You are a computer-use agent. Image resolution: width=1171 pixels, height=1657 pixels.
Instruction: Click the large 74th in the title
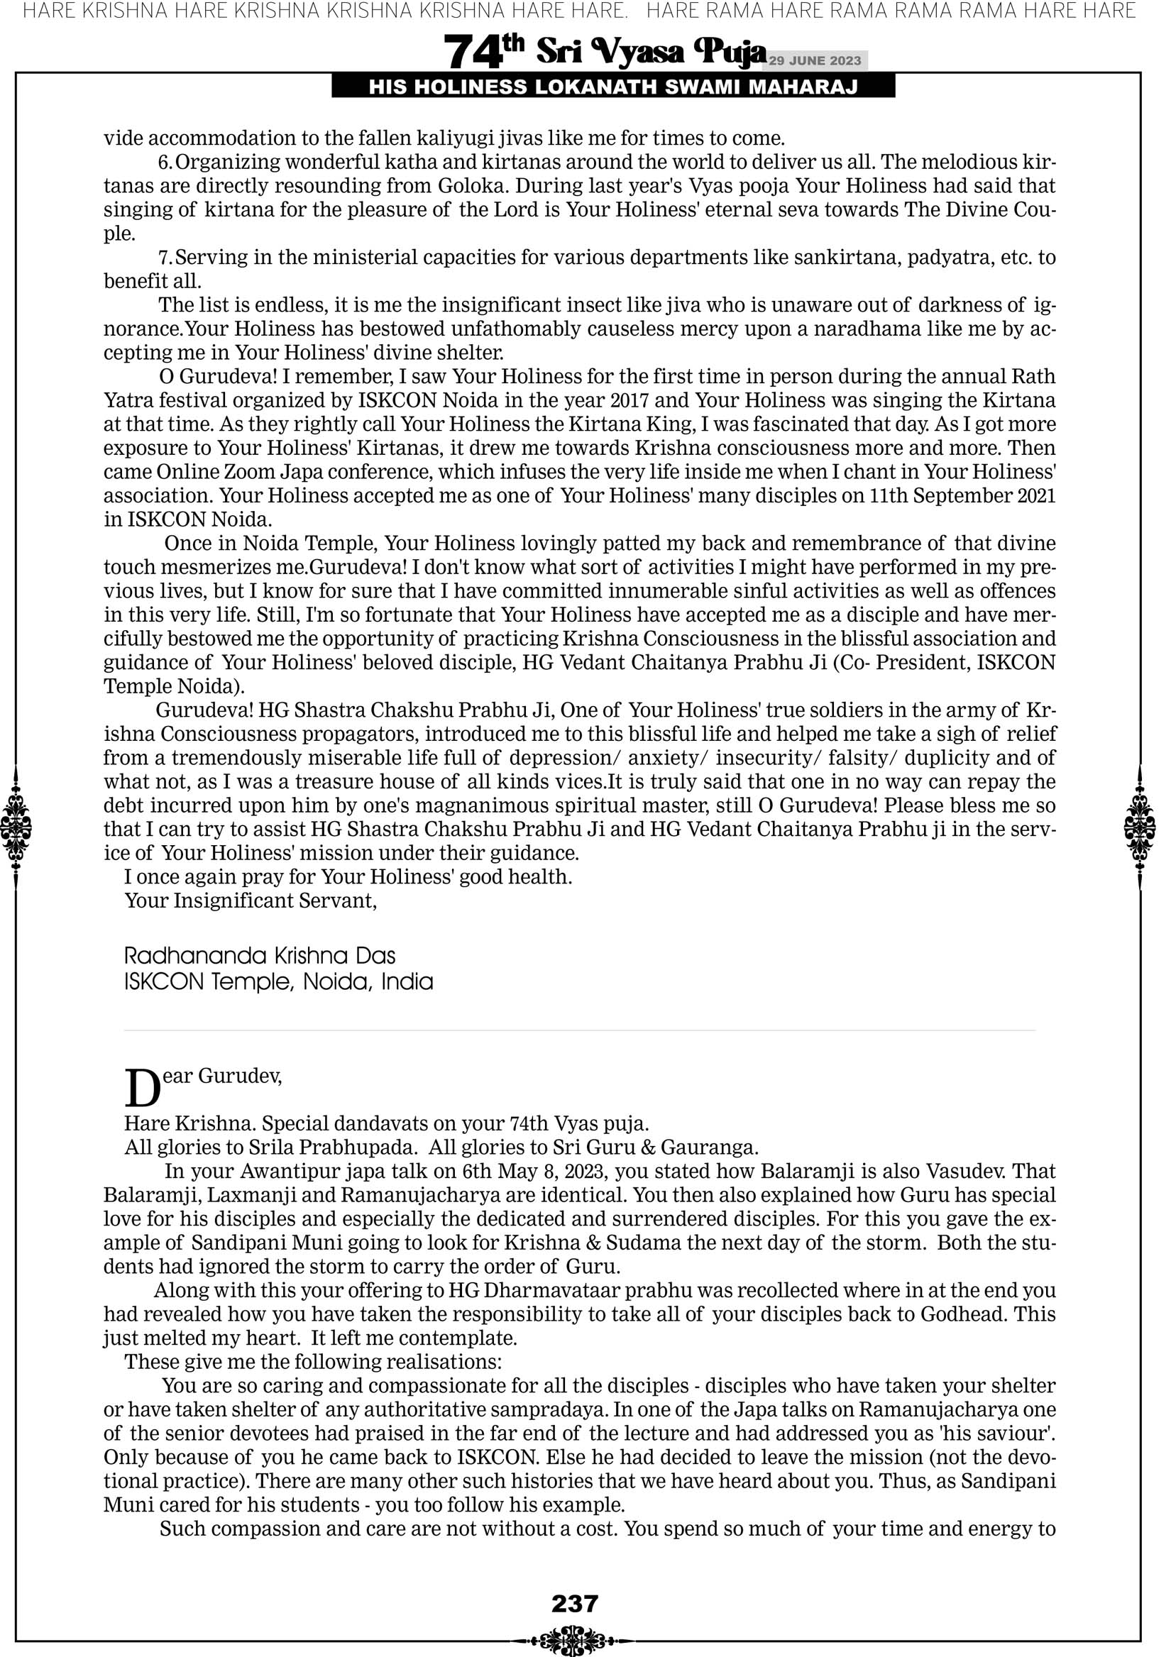483,52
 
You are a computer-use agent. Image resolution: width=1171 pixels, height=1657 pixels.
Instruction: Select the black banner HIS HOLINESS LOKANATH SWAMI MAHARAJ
613,87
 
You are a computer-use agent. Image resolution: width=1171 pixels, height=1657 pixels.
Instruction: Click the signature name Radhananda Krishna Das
260,957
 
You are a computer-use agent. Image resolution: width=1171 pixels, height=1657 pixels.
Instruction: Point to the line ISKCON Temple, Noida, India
279,982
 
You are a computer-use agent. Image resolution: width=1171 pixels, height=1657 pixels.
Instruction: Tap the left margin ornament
16,827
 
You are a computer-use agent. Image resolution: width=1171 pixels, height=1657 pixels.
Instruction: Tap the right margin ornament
1140,827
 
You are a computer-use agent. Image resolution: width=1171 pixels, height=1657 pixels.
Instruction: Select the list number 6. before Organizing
165,163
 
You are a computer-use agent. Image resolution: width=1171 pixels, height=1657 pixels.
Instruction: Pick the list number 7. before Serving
165,258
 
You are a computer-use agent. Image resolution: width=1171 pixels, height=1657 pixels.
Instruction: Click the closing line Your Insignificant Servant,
251,901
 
